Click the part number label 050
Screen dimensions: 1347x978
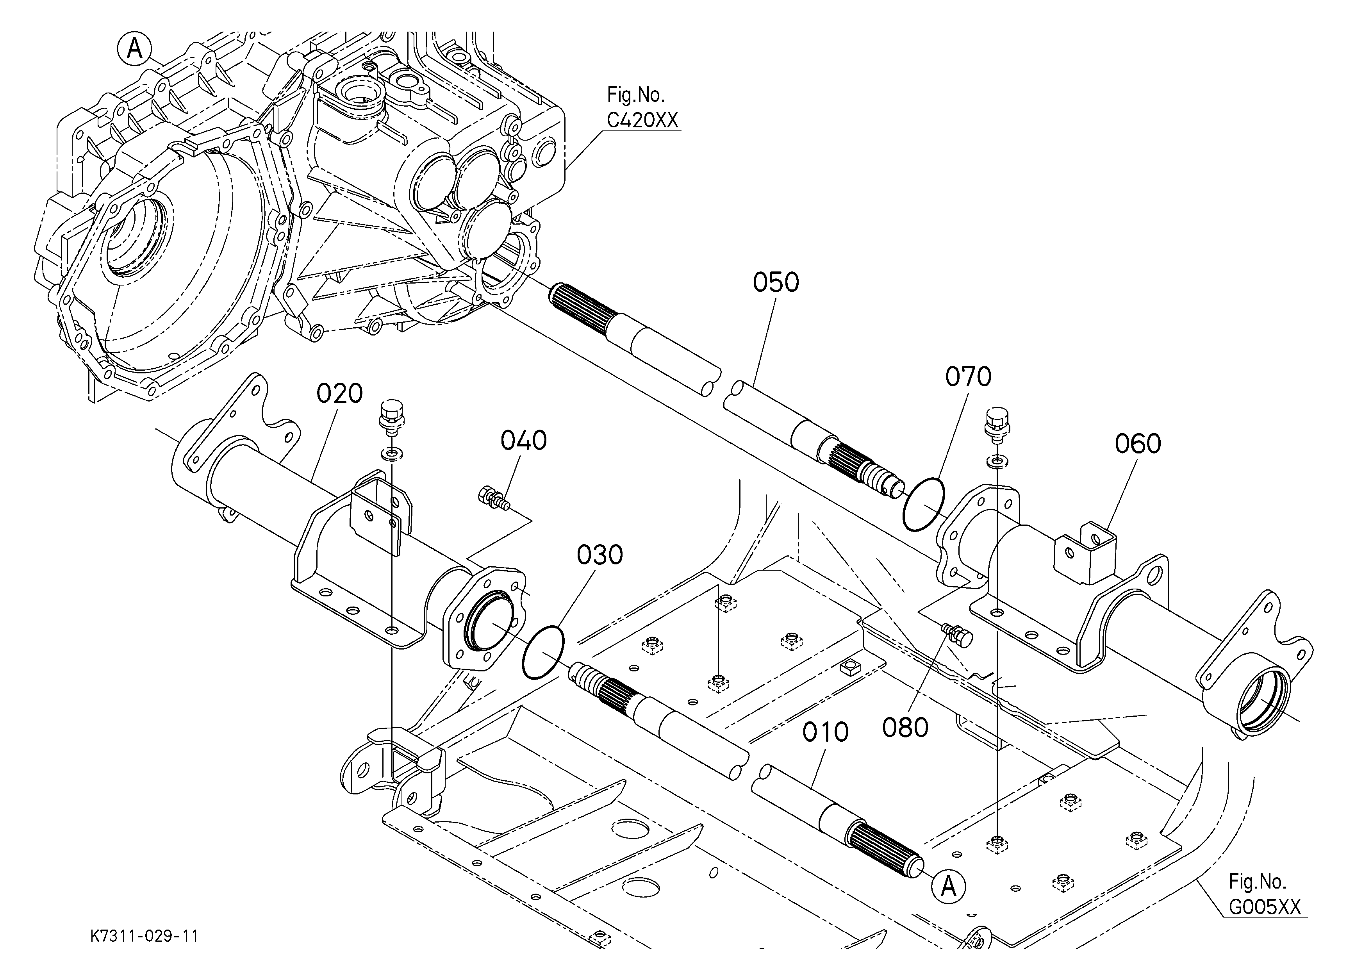click(x=776, y=283)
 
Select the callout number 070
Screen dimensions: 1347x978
click(x=968, y=377)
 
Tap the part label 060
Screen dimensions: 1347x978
click(x=1137, y=444)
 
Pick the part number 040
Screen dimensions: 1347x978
click(x=523, y=441)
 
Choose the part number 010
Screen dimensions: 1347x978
click(x=825, y=732)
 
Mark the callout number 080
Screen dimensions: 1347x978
click(x=905, y=727)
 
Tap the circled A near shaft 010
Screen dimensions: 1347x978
click(x=949, y=887)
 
